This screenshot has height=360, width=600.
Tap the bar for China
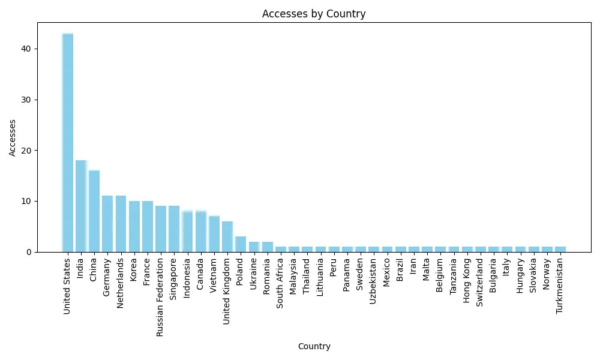[x=94, y=211]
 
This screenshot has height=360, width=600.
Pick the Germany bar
[x=107, y=224]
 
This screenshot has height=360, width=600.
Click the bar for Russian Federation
[x=161, y=229]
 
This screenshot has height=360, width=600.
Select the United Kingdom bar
[x=227, y=236]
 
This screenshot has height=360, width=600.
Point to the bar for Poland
[x=241, y=244]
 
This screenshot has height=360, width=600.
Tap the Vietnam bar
[x=214, y=234]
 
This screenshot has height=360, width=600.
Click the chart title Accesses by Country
[x=314, y=14]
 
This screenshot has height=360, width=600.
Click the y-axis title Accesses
[x=13, y=137]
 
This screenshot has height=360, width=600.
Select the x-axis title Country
[x=314, y=346]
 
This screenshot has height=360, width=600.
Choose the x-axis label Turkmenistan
[x=560, y=287]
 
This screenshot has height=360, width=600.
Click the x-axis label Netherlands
[x=121, y=283]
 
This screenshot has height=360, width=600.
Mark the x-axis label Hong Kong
[x=467, y=281]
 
